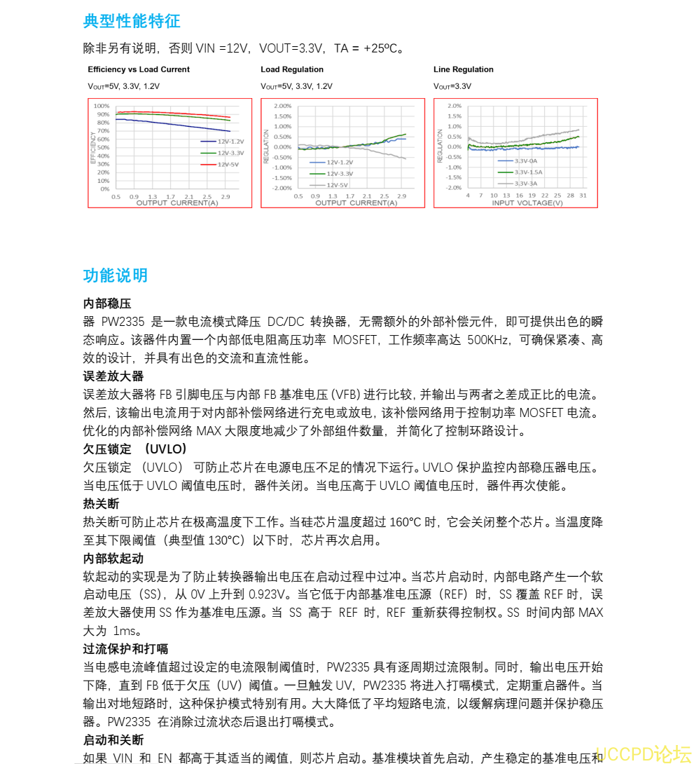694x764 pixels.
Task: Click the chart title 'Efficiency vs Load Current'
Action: pos(139,69)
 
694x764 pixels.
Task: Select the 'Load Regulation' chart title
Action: pos(292,69)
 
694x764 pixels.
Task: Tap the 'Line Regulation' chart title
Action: pos(464,69)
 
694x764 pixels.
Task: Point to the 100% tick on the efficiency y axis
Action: pos(102,106)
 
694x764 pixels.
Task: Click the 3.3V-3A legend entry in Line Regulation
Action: pos(525,184)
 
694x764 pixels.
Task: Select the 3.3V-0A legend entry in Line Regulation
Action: pos(525,161)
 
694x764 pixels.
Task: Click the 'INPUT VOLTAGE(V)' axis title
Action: pos(527,203)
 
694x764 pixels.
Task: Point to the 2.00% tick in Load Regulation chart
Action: pos(283,106)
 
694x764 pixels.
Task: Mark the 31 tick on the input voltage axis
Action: pos(583,196)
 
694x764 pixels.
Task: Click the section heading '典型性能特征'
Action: pos(132,21)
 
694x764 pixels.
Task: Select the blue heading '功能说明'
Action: pos(116,275)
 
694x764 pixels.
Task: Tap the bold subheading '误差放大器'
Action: pos(113,376)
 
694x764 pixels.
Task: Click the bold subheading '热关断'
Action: pos(101,504)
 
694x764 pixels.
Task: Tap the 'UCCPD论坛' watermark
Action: pos(643,754)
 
